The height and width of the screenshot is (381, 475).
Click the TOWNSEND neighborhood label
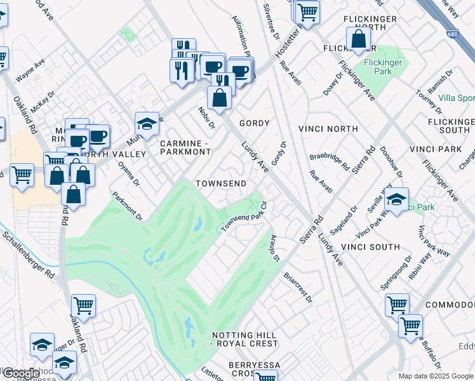(220, 183)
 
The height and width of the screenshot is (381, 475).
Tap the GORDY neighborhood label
(254, 123)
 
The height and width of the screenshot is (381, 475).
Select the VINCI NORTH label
(333, 129)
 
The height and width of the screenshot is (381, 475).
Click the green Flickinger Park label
(383, 67)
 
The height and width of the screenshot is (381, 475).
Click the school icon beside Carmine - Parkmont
(147, 124)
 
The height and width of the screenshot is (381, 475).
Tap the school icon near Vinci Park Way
(396, 201)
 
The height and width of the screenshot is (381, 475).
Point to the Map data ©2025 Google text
(436, 376)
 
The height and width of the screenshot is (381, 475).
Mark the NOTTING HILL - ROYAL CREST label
(244, 339)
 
